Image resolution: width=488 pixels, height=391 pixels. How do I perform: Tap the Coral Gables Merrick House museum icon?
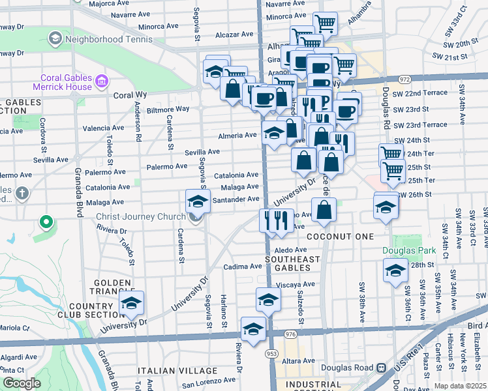pyautogui.click(x=102, y=82)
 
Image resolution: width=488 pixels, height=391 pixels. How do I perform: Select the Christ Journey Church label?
pyautogui.click(x=142, y=217)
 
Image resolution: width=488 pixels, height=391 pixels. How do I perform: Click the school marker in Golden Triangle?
pyautogui.click(x=131, y=304)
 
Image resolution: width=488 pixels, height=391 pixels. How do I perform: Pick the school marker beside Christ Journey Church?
pyautogui.click(x=198, y=201)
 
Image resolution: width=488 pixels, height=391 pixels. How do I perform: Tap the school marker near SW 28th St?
pyautogui.click(x=395, y=270)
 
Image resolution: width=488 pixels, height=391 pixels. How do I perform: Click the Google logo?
pyautogui.click(x=22, y=383)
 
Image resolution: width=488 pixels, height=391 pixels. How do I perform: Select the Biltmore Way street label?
pyautogui.click(x=168, y=109)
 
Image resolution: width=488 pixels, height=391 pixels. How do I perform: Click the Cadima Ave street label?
pyautogui.click(x=242, y=267)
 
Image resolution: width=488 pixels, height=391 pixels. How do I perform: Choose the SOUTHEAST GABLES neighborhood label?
pyautogui.click(x=292, y=263)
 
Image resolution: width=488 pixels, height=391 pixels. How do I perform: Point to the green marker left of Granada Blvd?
pyautogui.click(x=46, y=223)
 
